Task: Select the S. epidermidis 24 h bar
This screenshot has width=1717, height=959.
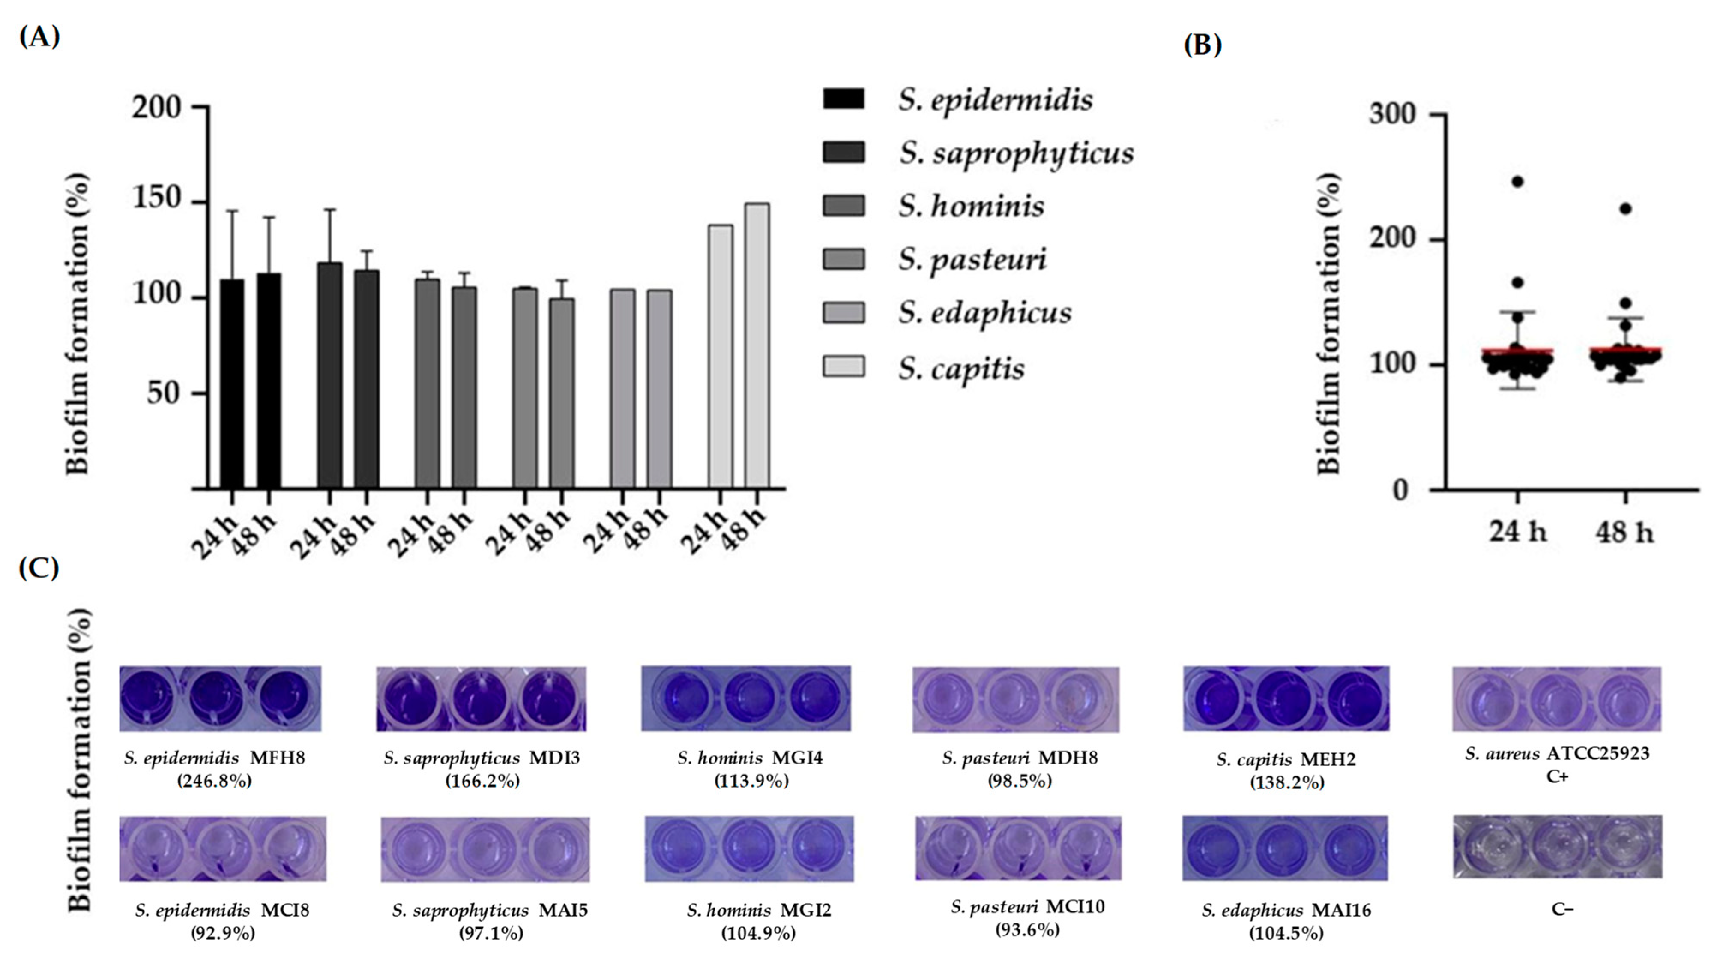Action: tap(232, 384)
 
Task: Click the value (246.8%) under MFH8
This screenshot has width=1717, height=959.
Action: tap(215, 781)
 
